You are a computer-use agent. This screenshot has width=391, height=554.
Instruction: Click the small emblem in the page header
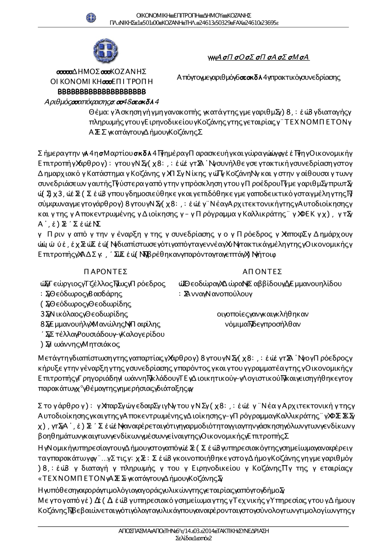click(x=91, y=17)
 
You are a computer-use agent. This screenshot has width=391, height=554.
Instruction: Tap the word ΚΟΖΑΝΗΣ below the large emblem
click(x=128, y=72)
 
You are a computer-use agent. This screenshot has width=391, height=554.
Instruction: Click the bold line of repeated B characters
click(x=102, y=92)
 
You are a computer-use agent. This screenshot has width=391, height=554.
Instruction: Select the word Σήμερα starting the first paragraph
click(x=49, y=153)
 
